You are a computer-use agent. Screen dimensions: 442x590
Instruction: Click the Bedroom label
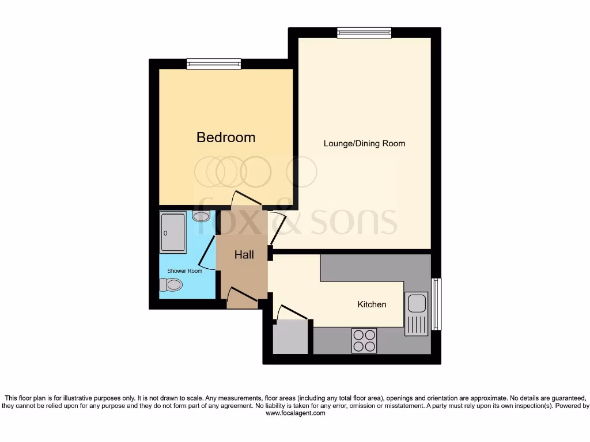tap(226, 138)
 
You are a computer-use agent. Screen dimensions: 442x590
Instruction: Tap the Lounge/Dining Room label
tap(364, 143)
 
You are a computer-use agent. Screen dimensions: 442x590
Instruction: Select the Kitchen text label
tap(372, 304)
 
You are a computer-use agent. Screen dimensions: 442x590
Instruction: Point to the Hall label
tap(244, 254)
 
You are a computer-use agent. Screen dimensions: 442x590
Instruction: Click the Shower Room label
tap(184, 270)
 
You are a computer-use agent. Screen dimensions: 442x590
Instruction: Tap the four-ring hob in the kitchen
tap(364, 340)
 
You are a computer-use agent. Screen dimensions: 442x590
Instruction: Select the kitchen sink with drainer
tap(417, 314)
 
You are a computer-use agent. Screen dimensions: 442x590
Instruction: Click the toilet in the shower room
tap(171, 284)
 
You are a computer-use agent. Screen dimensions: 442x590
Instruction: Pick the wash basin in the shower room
tap(201, 216)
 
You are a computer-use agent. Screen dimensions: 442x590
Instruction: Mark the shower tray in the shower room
tap(173, 233)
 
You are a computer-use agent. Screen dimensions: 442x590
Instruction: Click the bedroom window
tap(214, 64)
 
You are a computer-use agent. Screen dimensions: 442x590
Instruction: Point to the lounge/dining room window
tap(364, 33)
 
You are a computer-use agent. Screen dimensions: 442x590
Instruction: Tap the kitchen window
tap(436, 304)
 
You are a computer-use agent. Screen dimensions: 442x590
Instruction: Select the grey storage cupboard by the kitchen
tap(290, 338)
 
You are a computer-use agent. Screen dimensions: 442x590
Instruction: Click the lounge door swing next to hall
tap(277, 227)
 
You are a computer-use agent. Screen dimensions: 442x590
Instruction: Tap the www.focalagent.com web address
tap(295, 413)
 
